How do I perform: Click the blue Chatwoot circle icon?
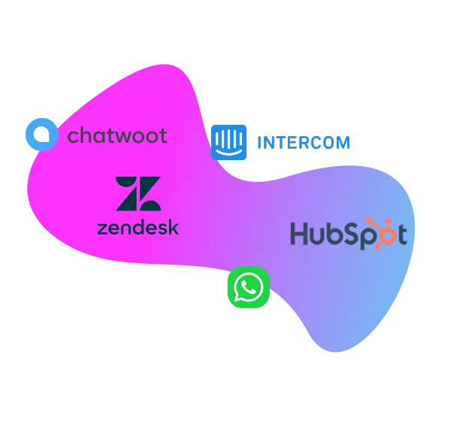[x=42, y=135]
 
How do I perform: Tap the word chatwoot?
[x=117, y=135]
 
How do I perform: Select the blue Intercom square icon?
[x=228, y=142]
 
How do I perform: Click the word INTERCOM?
[x=304, y=143]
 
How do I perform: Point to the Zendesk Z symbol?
[x=138, y=193]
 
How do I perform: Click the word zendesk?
[x=138, y=228]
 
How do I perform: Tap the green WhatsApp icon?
[x=249, y=287]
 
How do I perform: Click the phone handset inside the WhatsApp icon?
[x=248, y=287]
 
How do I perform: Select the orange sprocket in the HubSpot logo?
[x=383, y=233]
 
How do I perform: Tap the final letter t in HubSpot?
[x=403, y=234]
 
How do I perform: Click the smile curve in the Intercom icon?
[x=228, y=151]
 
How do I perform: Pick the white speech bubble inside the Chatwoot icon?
[x=42, y=135]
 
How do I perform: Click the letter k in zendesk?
[x=173, y=228]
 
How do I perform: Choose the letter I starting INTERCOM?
[x=259, y=143]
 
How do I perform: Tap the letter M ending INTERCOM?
[x=343, y=143]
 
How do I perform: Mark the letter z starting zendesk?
[x=103, y=229]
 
